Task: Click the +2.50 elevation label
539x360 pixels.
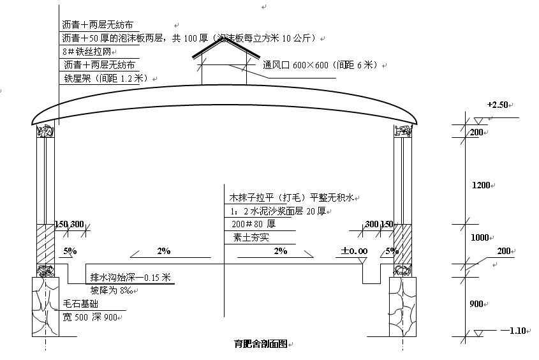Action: coord(498,105)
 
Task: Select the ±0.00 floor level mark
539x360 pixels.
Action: coord(354,251)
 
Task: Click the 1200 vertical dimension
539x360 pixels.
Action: coord(481,185)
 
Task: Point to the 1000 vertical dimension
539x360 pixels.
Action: coord(479,237)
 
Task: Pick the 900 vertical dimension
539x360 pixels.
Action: coord(476,304)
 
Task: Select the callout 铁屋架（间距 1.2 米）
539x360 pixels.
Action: coord(105,78)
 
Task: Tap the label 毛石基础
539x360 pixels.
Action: coord(80,304)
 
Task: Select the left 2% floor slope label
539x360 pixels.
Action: coord(164,251)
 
